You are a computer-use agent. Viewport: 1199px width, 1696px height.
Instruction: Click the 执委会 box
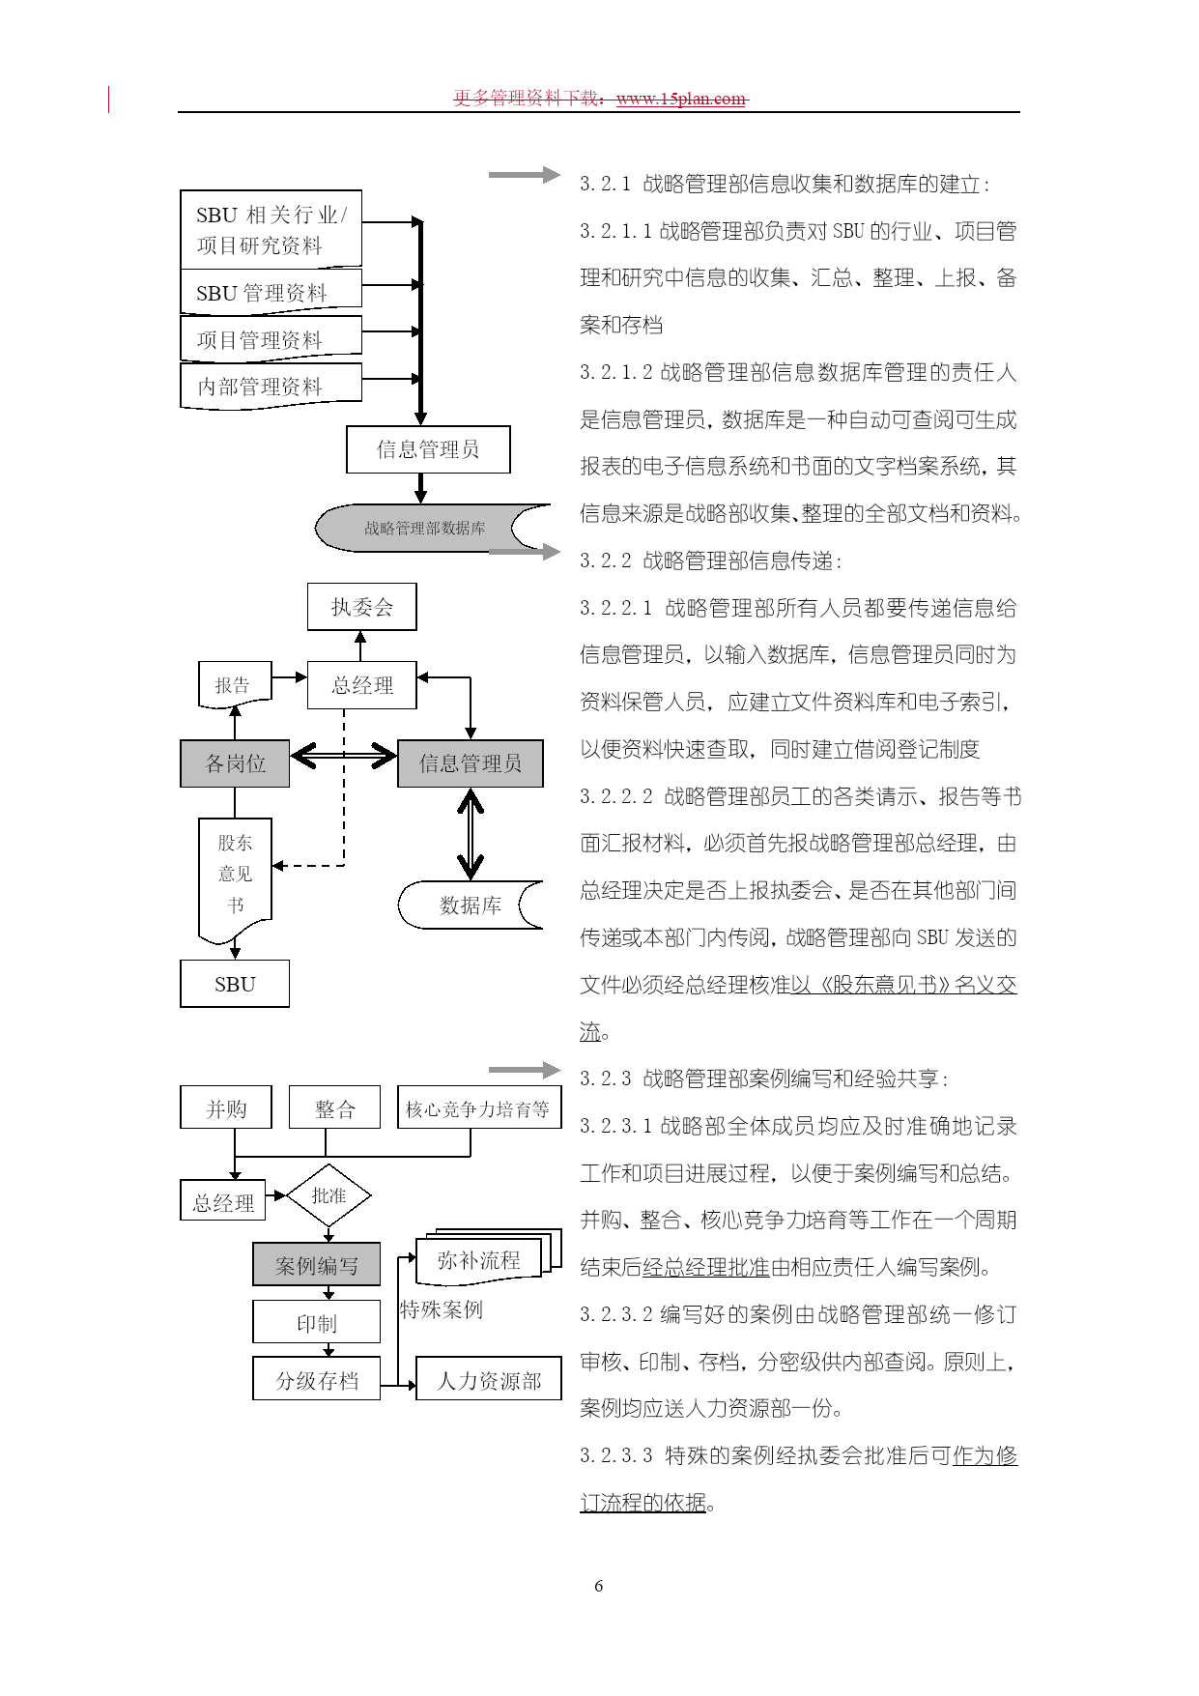[362, 607]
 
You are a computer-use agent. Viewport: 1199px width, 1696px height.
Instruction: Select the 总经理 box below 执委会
[362, 685]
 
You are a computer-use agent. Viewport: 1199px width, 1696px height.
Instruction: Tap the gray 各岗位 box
[235, 763]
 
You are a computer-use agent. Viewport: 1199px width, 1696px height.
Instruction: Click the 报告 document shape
[235, 685]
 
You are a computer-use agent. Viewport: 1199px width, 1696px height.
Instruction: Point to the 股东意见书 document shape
[235, 877]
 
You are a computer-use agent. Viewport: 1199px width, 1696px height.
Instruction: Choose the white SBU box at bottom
[235, 984]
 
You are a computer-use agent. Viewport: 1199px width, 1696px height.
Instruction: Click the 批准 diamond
[328, 1195]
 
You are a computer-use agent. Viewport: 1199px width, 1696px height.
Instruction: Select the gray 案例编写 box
[317, 1264]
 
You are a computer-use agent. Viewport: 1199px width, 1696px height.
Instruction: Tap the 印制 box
[317, 1322]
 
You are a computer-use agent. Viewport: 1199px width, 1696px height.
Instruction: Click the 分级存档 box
[317, 1379]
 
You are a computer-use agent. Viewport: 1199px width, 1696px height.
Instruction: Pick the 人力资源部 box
[489, 1379]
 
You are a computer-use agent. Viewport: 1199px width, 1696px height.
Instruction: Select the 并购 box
[226, 1107]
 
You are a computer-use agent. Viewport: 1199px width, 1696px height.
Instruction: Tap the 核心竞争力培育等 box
[479, 1107]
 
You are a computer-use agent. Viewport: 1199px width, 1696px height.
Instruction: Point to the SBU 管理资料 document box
[271, 292]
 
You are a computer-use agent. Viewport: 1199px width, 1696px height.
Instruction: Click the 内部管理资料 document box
[271, 387]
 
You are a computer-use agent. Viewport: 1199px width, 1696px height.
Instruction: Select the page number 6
[599, 1586]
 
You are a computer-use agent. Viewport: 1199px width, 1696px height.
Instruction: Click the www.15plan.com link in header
[681, 99]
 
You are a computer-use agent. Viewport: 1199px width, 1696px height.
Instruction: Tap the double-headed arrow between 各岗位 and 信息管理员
[344, 755]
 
